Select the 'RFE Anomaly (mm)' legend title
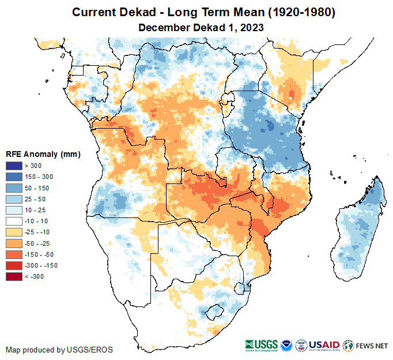pos(43,154)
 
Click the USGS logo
pos(262,346)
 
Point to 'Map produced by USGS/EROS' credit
pos(59,350)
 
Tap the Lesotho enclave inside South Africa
pos(217,311)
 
